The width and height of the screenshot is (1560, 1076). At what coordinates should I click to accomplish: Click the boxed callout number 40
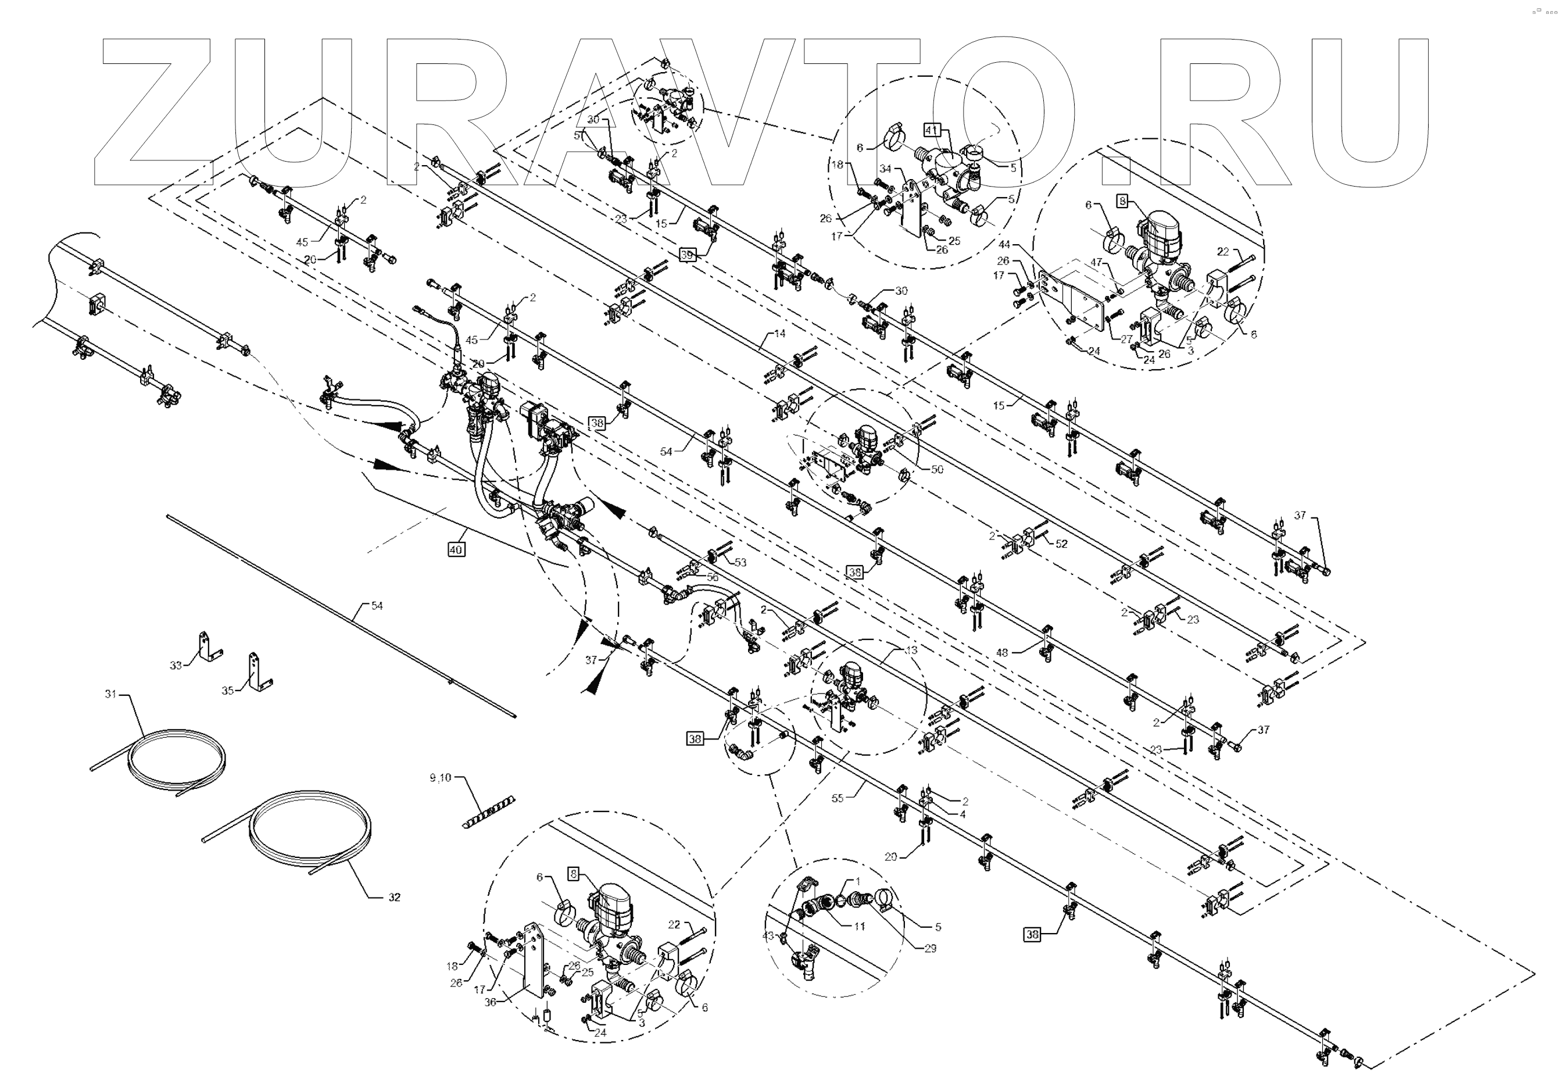pos(456,549)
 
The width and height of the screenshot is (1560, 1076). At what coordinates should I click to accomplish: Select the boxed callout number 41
pos(932,130)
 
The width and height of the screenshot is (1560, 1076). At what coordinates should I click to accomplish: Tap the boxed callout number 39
pos(686,255)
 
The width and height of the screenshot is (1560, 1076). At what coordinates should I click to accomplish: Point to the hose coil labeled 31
pos(177,759)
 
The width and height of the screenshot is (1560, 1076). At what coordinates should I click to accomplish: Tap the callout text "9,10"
pos(440,778)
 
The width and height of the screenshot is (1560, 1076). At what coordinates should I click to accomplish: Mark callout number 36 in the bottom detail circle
pos(490,1002)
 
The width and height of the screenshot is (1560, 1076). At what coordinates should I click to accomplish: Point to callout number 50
pos(937,469)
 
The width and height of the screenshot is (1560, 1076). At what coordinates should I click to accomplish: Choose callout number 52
pos(1062,544)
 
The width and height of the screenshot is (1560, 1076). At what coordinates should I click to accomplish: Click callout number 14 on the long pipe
pos(780,333)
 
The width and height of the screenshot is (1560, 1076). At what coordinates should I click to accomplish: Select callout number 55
pos(838,798)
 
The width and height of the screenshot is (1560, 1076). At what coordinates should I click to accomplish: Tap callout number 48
pos(1002,653)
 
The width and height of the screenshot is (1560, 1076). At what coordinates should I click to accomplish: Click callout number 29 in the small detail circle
pos(931,948)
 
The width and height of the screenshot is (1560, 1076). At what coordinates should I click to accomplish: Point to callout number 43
pos(768,936)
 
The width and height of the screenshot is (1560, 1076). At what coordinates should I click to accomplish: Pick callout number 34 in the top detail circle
pos(885,169)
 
